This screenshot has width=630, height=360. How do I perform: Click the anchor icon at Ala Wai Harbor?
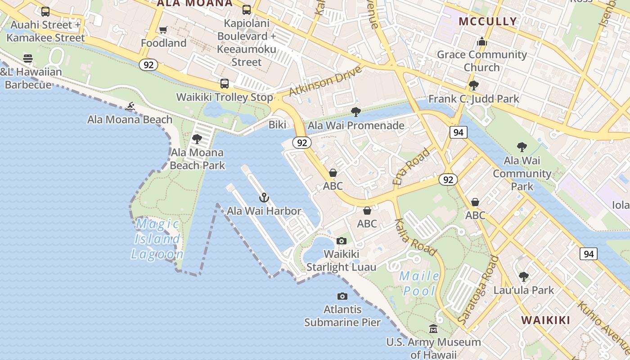tap(264, 197)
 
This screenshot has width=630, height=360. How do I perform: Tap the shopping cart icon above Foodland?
tap(163, 30)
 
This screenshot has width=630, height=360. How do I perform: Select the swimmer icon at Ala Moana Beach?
tap(130, 107)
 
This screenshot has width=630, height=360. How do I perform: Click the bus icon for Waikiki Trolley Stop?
tap(224, 84)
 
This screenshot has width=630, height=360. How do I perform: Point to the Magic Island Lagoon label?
tap(157, 238)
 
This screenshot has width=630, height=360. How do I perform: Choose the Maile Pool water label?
tap(420, 283)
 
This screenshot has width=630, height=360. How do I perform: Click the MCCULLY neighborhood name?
tap(488, 21)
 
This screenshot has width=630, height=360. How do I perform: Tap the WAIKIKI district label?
tap(545, 320)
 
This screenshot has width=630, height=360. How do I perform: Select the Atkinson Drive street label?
tap(325, 81)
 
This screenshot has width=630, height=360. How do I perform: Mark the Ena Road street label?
tap(411, 166)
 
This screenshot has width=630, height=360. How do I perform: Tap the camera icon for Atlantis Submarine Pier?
tap(342, 296)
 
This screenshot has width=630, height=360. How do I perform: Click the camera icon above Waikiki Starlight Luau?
tap(342, 241)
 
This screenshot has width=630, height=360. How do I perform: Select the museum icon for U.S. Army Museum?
tap(433, 329)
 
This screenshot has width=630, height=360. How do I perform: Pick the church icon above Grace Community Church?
tap(482, 42)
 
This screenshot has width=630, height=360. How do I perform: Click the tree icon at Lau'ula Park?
tap(523, 276)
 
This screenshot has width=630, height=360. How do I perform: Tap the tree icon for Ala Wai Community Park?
tap(522, 147)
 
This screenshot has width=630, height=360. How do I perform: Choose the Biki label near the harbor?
tap(277, 125)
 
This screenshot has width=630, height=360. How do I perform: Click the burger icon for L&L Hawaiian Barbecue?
tap(28, 58)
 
